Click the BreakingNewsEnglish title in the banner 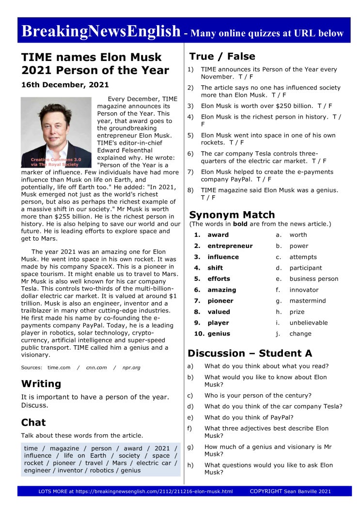click(x=101, y=31)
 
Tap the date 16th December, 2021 click(x=65, y=85)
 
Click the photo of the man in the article click(x=56, y=132)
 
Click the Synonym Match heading click(x=232, y=215)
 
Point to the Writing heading click(x=41, y=384)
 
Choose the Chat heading click(x=33, y=422)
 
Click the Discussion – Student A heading click(x=250, y=353)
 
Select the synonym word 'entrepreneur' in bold click(x=230, y=246)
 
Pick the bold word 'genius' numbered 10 click(x=219, y=334)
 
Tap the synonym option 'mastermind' click(x=308, y=301)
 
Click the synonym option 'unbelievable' click(x=309, y=323)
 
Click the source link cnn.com click(x=96, y=368)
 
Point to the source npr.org click(x=131, y=368)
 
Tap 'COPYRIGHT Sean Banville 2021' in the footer click(x=290, y=491)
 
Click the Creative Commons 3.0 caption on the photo click(x=49, y=162)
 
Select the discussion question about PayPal click(x=249, y=417)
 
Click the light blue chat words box click(x=101, y=459)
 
